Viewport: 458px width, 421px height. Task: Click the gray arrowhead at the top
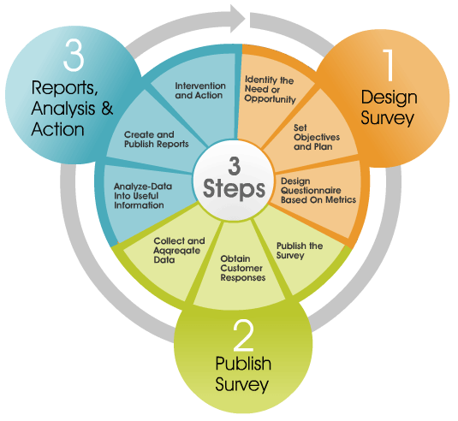coord(236,18)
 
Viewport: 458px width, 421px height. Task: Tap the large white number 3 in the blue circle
coord(74,55)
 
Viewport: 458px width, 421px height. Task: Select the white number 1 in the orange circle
coord(389,64)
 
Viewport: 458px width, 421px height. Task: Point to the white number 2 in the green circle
coord(243,335)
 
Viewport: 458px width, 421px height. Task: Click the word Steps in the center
coord(234,188)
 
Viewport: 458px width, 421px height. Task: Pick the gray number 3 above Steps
coord(235,166)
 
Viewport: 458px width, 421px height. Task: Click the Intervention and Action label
coord(200,91)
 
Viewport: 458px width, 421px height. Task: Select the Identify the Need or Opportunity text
coord(270,89)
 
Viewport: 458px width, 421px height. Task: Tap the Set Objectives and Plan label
coord(317,137)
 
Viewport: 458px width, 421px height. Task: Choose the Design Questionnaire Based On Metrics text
coord(318,191)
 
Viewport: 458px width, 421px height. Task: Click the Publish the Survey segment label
coord(300,251)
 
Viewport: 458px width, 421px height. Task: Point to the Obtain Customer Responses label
coord(243,268)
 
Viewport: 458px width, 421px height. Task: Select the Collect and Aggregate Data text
coord(179,250)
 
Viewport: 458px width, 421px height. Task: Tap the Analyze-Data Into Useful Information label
coord(143,196)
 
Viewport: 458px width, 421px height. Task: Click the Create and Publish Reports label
coord(157,139)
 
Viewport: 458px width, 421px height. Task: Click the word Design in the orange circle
coord(389,98)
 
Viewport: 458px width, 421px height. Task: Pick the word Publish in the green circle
coord(243,364)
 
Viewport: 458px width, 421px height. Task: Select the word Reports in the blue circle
coord(64,88)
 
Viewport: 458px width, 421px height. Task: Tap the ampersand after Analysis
coord(107,108)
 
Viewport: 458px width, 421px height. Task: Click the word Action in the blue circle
coord(58,129)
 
